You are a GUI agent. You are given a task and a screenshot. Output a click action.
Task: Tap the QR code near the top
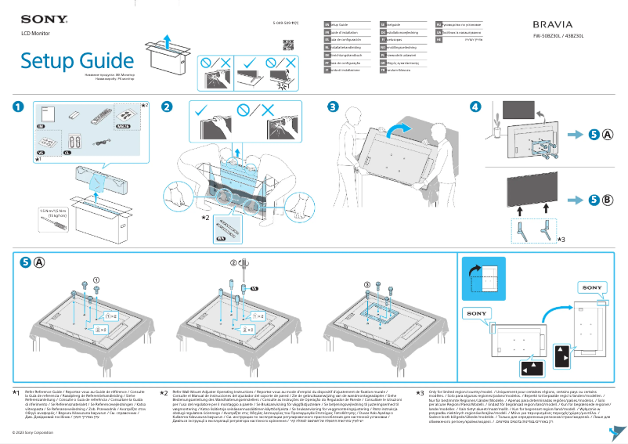(x=287, y=45)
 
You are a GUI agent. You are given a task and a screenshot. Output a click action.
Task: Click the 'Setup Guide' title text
(x=78, y=61)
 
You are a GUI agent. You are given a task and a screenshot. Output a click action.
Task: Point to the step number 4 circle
(x=475, y=106)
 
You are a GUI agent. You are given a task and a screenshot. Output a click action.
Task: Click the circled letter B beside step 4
(x=608, y=198)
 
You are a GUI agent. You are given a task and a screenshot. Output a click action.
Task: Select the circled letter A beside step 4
(x=608, y=135)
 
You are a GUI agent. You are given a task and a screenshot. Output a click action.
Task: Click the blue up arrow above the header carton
(x=168, y=39)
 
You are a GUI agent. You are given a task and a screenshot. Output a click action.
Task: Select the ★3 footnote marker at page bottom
(x=419, y=392)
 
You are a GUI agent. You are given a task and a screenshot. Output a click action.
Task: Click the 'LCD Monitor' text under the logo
(x=35, y=33)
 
